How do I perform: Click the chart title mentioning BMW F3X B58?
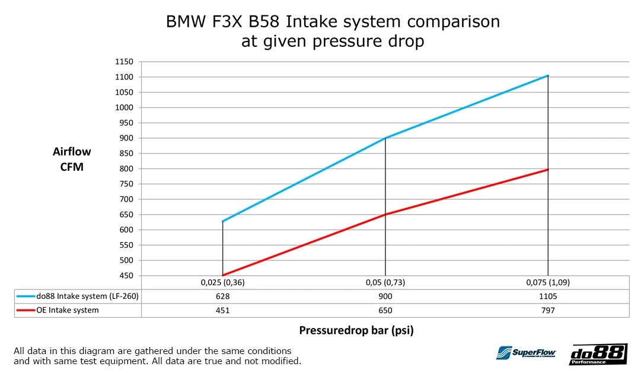[x=333, y=31]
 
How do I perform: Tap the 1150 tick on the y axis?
[x=126, y=62]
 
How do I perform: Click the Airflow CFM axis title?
[x=72, y=160]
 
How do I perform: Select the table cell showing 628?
[x=222, y=296]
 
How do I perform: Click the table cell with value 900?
[x=385, y=296]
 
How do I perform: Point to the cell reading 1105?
[x=548, y=296]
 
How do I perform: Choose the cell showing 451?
[x=222, y=310]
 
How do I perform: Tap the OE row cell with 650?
[x=385, y=310]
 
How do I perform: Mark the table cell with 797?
[x=548, y=310]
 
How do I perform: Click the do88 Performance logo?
[x=598, y=354]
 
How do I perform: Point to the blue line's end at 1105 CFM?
[x=548, y=75]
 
